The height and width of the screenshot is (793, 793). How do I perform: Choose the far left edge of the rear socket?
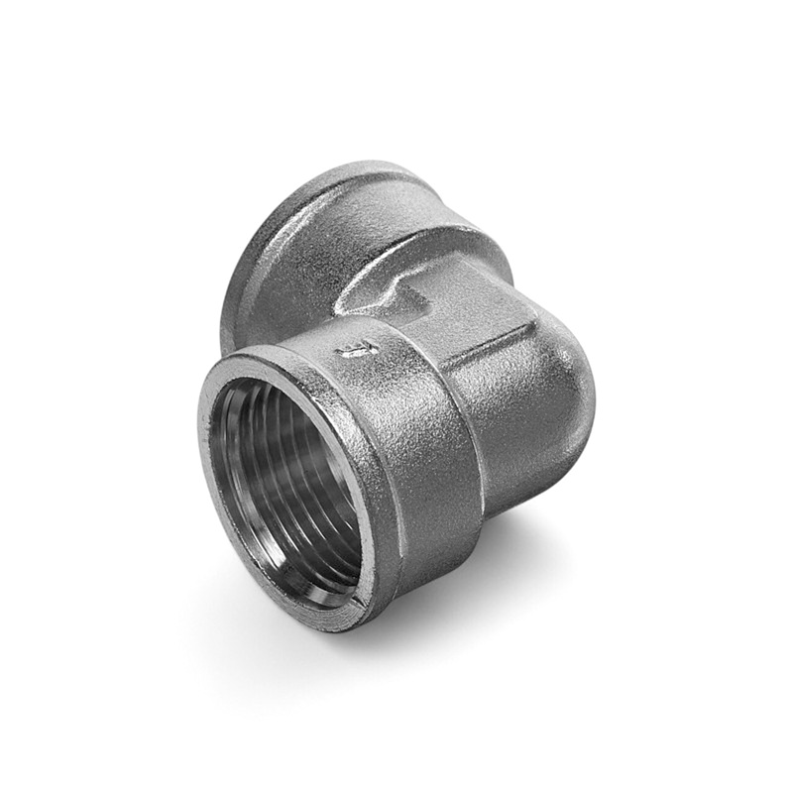[226, 297]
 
